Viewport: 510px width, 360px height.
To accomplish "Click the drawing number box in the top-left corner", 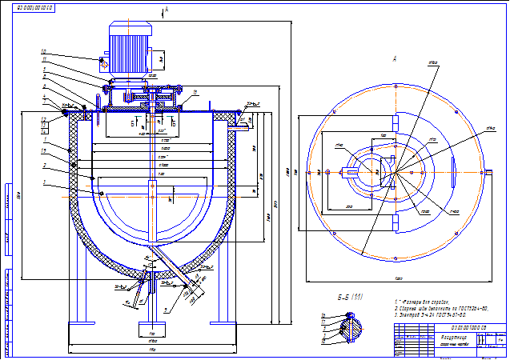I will point(35,6).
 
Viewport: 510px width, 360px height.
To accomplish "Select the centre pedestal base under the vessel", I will point(151,329).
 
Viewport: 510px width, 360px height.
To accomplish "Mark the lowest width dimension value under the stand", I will point(152,351).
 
